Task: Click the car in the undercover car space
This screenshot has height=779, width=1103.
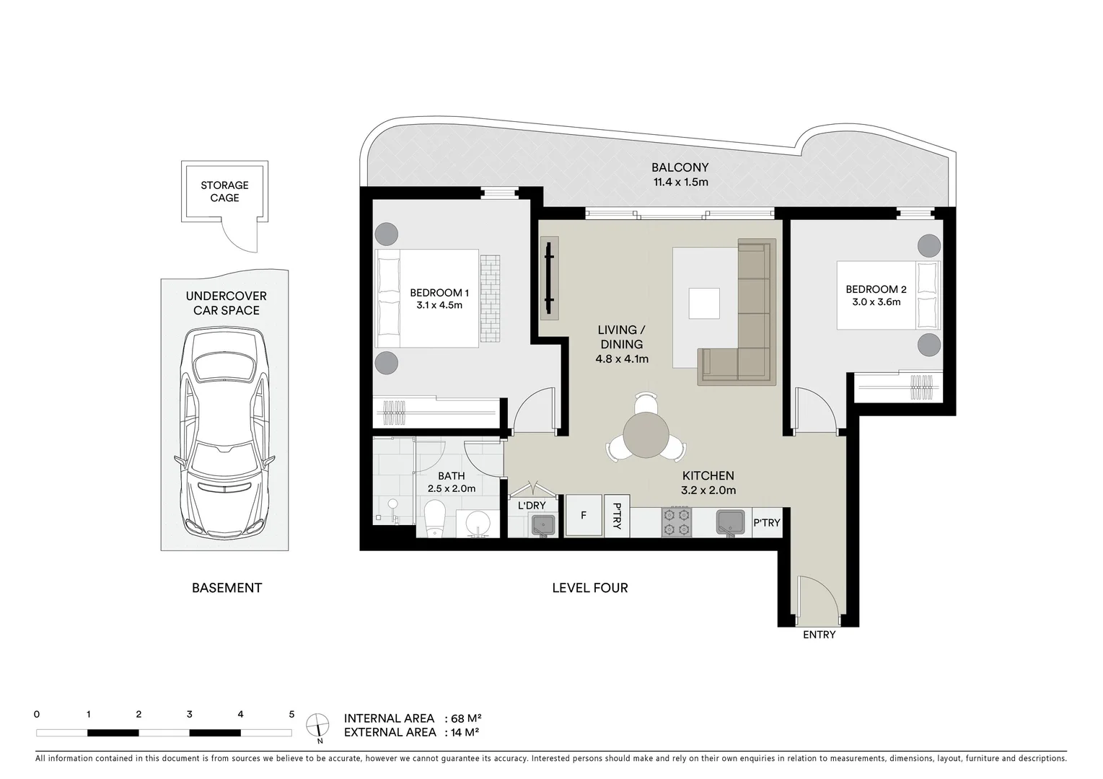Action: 224,433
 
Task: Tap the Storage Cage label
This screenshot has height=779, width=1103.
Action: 224,191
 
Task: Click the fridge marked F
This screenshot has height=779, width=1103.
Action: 584,515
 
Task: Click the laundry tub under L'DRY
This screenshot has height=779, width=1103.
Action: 544,525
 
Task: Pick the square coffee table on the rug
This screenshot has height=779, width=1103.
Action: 703,303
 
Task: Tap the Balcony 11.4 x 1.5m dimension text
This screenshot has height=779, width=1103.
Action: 680,182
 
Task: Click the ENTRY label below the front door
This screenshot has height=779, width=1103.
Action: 819,635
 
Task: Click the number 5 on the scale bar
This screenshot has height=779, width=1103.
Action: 291,715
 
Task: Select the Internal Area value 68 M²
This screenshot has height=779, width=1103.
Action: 466,718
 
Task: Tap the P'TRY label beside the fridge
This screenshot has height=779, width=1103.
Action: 617,515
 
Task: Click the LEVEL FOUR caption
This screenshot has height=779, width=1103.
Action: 589,588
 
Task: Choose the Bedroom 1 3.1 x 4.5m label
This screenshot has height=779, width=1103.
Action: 439,299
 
